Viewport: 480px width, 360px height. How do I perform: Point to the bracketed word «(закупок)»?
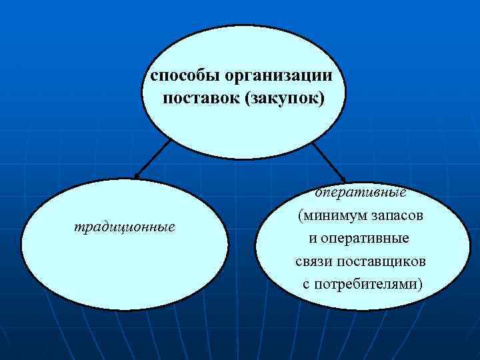point(285,100)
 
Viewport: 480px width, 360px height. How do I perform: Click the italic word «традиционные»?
point(125,227)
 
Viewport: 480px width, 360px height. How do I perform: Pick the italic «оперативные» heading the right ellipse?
point(361,193)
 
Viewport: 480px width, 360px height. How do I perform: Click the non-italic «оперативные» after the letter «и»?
point(367,238)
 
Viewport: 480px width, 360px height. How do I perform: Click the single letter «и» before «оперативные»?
point(313,238)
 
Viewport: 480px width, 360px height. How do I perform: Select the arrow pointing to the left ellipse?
point(152,159)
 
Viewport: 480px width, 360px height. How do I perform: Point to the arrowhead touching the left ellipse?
point(136,176)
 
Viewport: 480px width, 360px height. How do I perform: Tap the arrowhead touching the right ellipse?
point(342,177)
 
